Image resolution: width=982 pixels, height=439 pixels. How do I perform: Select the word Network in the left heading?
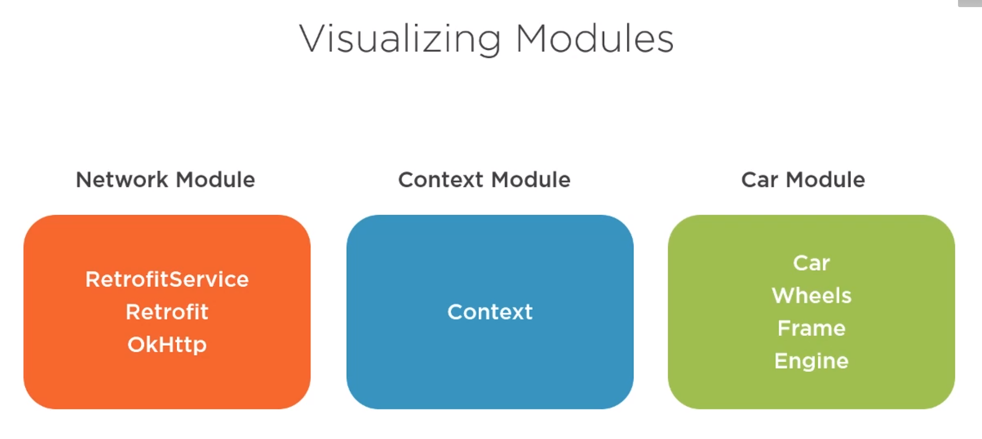[122, 180]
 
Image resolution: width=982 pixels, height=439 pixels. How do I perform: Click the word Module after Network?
[216, 180]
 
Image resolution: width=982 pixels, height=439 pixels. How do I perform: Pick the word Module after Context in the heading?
[531, 180]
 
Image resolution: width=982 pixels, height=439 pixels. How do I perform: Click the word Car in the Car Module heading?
[760, 180]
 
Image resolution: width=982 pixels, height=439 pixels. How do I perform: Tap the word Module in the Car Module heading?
[825, 180]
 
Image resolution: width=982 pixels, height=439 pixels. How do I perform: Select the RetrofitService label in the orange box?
[167, 279]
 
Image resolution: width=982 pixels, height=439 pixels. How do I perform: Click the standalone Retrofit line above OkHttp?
[167, 312]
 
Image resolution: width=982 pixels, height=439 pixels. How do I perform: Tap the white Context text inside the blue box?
[490, 312]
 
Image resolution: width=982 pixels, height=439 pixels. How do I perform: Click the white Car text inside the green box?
[812, 263]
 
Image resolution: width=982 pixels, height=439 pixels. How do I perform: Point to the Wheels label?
[812, 295]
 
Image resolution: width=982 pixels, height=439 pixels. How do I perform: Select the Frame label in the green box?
[812, 328]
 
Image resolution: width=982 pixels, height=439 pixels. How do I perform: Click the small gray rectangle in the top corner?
[970, 3]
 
